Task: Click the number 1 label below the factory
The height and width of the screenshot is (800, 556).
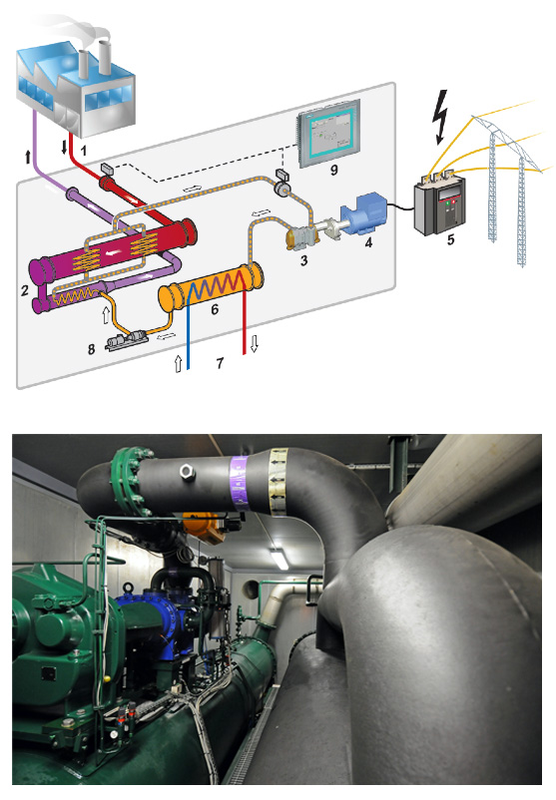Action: [x=83, y=150]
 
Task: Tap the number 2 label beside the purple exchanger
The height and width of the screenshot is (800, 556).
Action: [x=25, y=290]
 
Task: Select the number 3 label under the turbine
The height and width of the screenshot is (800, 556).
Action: [x=304, y=260]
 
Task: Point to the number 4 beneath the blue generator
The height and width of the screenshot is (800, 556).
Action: [x=368, y=242]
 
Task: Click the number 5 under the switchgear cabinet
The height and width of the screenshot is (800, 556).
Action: [x=450, y=239]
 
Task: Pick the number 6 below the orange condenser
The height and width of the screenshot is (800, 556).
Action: [x=215, y=308]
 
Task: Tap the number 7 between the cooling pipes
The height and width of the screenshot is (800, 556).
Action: [x=220, y=363]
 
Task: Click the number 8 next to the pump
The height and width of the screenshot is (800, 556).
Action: [x=92, y=349]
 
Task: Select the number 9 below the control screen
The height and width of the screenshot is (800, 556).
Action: [x=334, y=170]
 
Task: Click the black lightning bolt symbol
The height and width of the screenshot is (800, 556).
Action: [x=439, y=118]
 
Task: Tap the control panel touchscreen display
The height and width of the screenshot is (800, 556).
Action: [x=329, y=133]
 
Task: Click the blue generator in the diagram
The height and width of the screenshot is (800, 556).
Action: [x=365, y=213]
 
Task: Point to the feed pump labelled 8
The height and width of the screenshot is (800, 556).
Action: [x=127, y=341]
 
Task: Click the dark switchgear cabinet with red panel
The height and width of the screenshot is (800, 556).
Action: [x=440, y=204]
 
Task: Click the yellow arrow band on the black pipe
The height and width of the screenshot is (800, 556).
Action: [x=278, y=480]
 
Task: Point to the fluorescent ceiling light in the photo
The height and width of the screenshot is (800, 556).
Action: [x=279, y=559]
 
